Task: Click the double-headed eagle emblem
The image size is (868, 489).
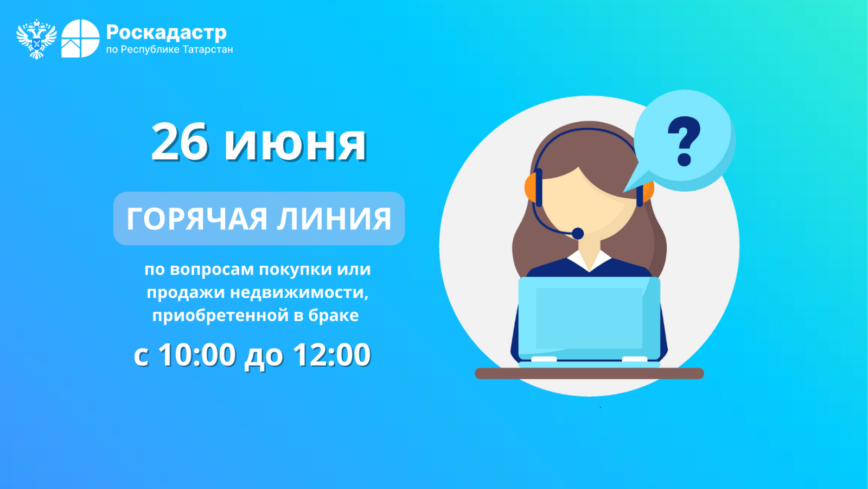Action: pos(36,39)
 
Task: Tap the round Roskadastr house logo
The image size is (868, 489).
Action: pos(80,39)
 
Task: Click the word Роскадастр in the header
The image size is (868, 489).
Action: pos(166,33)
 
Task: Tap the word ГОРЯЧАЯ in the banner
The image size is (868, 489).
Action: pos(197,219)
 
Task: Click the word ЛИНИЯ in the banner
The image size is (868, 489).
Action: pos(334,219)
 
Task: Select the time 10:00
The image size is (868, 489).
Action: pos(197,354)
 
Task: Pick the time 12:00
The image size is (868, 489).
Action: pos(331,354)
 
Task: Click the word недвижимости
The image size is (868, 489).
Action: pos(299,292)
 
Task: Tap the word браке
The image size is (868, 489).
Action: pos(334,315)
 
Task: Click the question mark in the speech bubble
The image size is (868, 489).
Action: pos(684,141)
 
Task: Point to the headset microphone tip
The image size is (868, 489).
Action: pos(578,233)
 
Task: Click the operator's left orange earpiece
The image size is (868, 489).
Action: pos(531,187)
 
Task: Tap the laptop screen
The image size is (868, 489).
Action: pos(589,318)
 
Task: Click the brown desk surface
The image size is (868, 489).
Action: pos(589,373)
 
